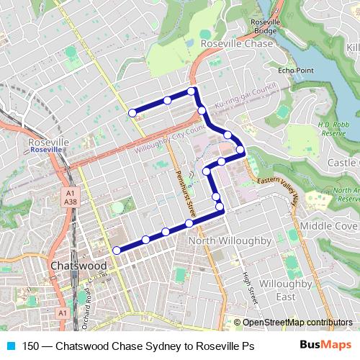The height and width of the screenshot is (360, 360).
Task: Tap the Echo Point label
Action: click(x=296, y=71)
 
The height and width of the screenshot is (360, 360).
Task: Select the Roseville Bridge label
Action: click(x=265, y=27)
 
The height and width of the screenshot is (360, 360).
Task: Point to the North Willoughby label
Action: click(x=229, y=240)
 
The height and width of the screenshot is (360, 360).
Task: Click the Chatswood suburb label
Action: click(x=79, y=266)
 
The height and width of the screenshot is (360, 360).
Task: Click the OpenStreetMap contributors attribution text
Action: click(x=293, y=323)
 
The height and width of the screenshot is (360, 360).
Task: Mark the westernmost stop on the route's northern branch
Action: click(x=132, y=113)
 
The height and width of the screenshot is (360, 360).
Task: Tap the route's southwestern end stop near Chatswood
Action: click(x=117, y=250)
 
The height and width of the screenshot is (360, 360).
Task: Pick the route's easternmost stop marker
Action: click(x=240, y=150)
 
